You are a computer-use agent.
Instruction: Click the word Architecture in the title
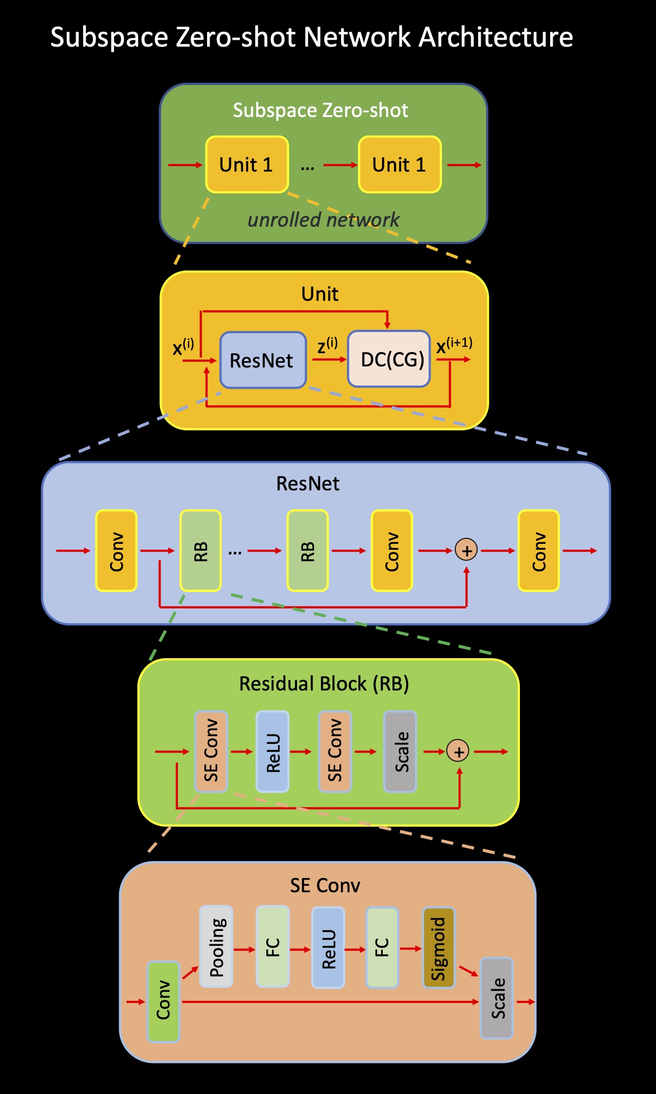pos(496,38)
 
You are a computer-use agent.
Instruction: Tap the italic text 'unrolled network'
pos(323,220)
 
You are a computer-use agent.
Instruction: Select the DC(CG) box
pos(389,360)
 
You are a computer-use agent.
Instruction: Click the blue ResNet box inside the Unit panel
pos(263,360)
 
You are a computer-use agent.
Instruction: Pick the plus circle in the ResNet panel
pos(466,550)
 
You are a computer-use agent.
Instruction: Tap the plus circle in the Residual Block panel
pos(458,751)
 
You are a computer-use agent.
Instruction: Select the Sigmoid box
pos(439,947)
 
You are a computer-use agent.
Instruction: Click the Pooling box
pos(216,946)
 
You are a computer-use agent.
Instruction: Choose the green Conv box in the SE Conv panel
pos(163,1001)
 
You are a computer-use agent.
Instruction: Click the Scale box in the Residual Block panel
pos(400,751)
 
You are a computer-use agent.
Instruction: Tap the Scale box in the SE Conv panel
pos(497,998)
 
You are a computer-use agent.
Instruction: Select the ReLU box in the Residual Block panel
pos(273,751)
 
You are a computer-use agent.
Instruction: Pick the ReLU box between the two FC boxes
pos(328,947)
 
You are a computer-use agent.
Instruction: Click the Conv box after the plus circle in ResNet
pos(538,550)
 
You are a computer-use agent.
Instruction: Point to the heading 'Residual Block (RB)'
pos(324,684)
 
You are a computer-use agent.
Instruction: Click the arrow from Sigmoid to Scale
pos(468,971)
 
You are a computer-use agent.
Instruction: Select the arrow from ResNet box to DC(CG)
pos(328,360)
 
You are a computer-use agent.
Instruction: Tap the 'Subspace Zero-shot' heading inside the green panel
pos(320,110)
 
